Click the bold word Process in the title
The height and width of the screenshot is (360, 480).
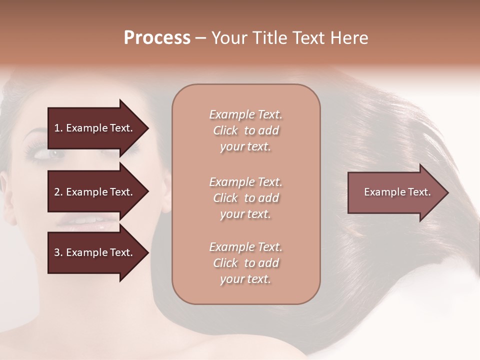point(157,38)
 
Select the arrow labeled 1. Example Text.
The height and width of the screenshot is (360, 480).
point(95,128)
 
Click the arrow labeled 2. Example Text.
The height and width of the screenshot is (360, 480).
point(95,192)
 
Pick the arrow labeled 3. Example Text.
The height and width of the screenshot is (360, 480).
point(95,252)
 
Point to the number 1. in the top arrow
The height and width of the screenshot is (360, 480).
point(58,128)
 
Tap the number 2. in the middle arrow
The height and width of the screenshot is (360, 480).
point(58,192)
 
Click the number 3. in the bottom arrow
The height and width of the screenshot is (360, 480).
point(58,252)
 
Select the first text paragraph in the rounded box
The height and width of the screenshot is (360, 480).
point(245,130)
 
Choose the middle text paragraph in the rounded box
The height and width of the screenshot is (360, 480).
point(245,198)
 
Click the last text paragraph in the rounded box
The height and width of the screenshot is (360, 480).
point(245,263)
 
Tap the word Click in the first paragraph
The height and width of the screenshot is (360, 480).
point(225,130)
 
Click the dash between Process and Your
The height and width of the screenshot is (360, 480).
point(200,38)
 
